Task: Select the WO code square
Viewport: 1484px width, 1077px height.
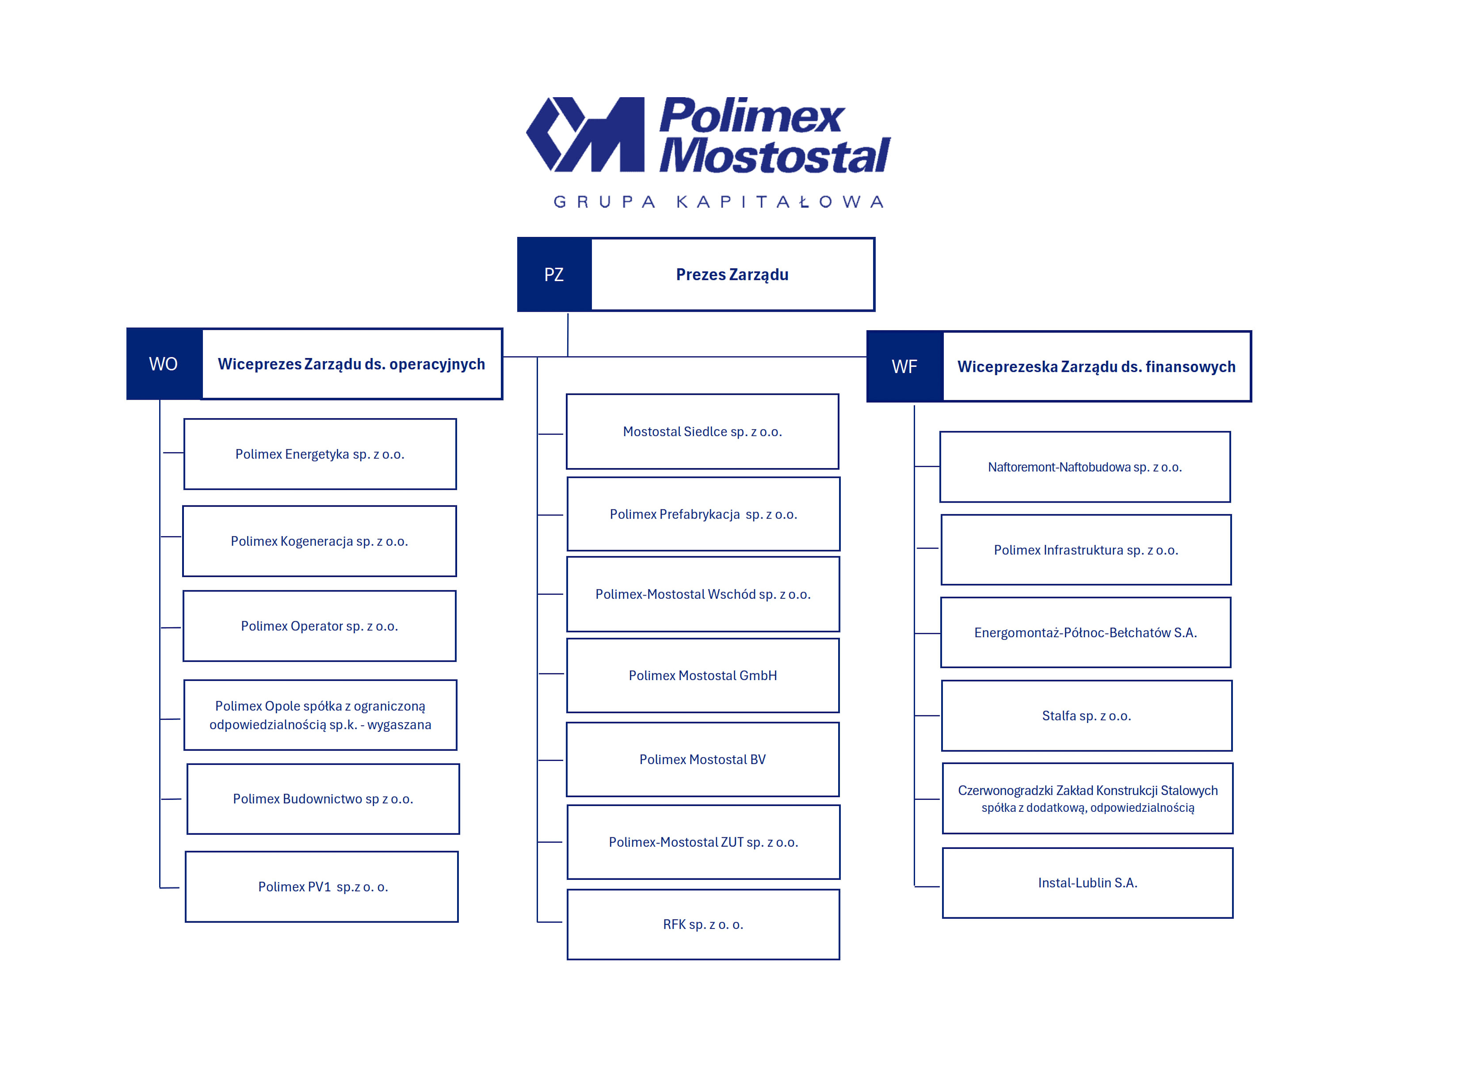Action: coord(164,364)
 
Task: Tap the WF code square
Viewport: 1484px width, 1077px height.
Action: coord(904,367)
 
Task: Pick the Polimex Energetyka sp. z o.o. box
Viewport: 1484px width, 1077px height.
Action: coord(320,454)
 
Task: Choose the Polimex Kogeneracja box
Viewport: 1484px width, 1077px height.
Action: coord(319,541)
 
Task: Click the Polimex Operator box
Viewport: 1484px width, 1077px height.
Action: coord(319,626)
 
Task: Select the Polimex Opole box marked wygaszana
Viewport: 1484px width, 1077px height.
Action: coord(320,715)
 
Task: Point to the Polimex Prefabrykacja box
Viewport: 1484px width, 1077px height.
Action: coord(703,514)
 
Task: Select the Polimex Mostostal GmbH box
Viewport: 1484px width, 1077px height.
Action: coord(703,675)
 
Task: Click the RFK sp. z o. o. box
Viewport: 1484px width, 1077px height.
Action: coord(703,924)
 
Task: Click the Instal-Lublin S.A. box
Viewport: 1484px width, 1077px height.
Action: coord(1087,882)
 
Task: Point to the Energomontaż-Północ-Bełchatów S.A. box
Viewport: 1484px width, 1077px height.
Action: coord(1086,633)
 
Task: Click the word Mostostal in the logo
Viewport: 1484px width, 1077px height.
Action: coord(775,157)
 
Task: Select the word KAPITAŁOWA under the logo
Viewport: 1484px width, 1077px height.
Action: coord(780,202)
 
